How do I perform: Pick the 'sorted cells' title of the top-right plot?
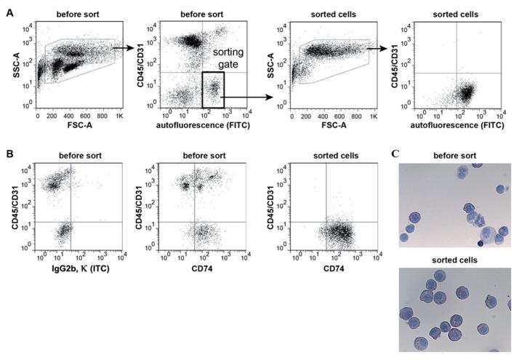point(454,10)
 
